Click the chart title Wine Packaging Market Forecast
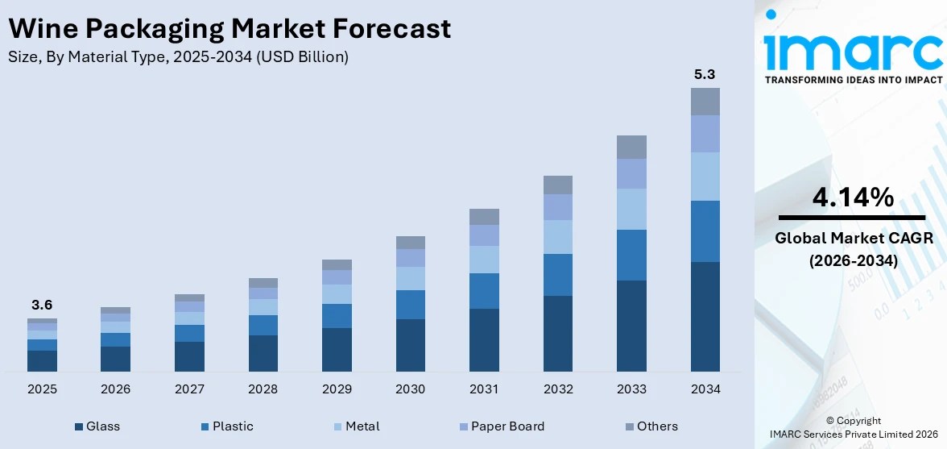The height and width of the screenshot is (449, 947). pyautogui.click(x=229, y=29)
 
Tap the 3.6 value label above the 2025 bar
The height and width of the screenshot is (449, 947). pyautogui.click(x=42, y=306)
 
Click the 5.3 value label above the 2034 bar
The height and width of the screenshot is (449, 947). pyautogui.click(x=705, y=75)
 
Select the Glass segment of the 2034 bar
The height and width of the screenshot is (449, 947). pyautogui.click(x=705, y=316)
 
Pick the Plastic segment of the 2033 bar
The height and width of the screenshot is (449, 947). pyautogui.click(x=631, y=255)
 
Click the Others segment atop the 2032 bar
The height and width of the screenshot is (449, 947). pyautogui.click(x=557, y=185)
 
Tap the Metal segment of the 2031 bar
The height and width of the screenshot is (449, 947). pyautogui.click(x=484, y=259)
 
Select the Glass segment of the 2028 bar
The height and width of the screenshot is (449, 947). pyautogui.click(x=263, y=353)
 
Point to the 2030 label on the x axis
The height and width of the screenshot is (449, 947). pyautogui.click(x=410, y=389)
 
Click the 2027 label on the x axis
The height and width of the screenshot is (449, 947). pyautogui.click(x=189, y=389)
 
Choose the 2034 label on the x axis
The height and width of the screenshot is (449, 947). pyautogui.click(x=705, y=389)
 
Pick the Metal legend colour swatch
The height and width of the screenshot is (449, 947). pyautogui.click(x=338, y=426)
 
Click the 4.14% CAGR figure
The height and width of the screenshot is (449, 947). pyautogui.click(x=853, y=197)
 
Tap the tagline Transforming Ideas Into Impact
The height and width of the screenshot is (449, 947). pyautogui.click(x=853, y=80)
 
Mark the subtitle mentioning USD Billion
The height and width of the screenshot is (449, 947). pyautogui.click(x=178, y=57)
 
